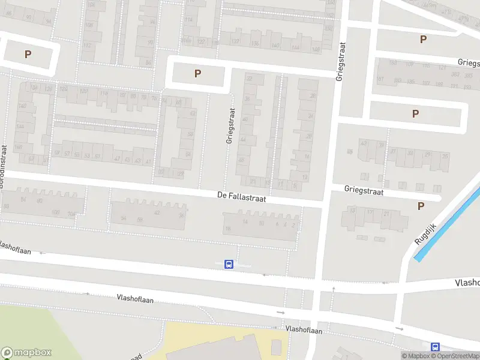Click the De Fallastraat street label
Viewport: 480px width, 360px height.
241,196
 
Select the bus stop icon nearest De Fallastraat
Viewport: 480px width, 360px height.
229,264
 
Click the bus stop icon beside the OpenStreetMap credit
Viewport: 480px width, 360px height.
435,347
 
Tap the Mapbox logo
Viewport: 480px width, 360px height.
26,353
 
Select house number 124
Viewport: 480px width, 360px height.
64,89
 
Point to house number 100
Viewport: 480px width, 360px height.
56,212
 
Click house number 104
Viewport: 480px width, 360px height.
72,213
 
